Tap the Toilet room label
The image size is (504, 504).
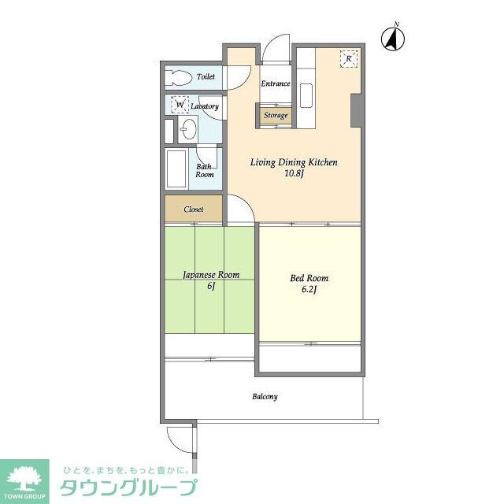point(206,77)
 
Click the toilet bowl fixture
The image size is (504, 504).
point(180,78)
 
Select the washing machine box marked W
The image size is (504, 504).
point(180,104)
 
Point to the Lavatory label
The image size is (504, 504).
point(204,106)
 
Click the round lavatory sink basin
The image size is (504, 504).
point(188,128)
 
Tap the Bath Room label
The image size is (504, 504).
point(205,170)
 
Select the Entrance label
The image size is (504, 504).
point(275,83)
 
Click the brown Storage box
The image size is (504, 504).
point(275,116)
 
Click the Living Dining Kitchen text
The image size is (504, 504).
point(294,162)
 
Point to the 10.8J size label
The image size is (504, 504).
point(294,174)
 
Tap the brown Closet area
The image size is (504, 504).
point(193,209)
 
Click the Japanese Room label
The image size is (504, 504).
point(210,275)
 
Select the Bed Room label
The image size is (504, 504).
point(309,278)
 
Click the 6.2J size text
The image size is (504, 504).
point(309,290)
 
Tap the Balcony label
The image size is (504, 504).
point(265,397)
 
